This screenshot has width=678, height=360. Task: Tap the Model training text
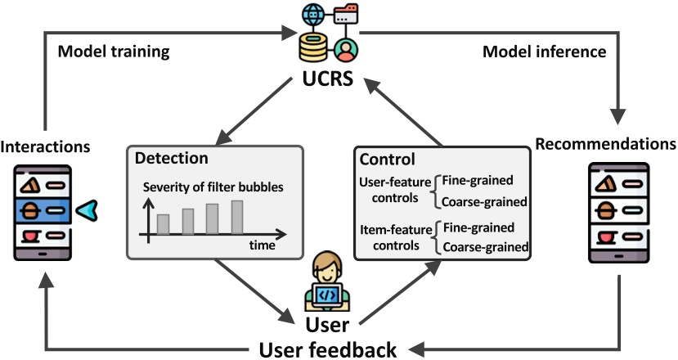[x=113, y=52]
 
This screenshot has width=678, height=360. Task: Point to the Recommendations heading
[x=605, y=145]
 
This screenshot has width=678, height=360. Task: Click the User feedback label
[x=328, y=349]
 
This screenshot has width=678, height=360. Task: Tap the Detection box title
[x=171, y=156]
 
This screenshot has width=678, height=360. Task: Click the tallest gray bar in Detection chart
[x=237, y=217]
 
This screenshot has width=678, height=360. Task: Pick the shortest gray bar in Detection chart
[x=163, y=223]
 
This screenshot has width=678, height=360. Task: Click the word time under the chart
[x=262, y=245]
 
